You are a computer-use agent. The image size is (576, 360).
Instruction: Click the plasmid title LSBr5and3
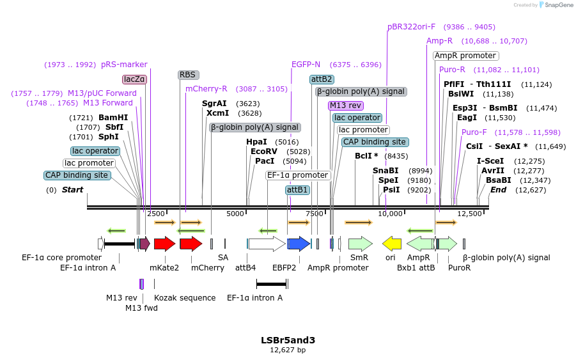pos(288,340)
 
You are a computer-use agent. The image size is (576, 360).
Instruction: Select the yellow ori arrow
pos(391,244)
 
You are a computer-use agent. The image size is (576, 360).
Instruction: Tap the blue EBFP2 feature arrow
pos(299,244)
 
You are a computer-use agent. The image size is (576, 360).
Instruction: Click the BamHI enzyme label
pos(113,118)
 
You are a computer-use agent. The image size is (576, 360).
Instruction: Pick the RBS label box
pos(188,75)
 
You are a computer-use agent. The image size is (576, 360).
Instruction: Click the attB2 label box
pos(322,79)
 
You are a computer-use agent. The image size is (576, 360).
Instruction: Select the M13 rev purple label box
pos(346,106)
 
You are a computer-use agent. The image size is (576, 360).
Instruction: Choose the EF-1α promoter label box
pos(298,175)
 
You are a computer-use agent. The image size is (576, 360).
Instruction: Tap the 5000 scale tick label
pos(236,214)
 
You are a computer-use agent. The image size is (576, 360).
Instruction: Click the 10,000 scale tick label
pos(390,214)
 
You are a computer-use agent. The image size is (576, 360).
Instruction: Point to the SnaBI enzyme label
pos(385,171)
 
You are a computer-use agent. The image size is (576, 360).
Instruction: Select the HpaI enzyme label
pos(256,142)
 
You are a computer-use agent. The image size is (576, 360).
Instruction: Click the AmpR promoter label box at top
pos(465,56)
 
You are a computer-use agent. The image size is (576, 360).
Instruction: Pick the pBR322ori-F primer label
pos(411,27)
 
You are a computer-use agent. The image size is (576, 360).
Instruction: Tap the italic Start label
pos(72,190)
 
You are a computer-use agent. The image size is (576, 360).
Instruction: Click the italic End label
pos(498,190)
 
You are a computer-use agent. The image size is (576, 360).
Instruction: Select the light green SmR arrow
pos(360,244)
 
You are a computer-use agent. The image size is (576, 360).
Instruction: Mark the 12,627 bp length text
pos(288,350)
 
